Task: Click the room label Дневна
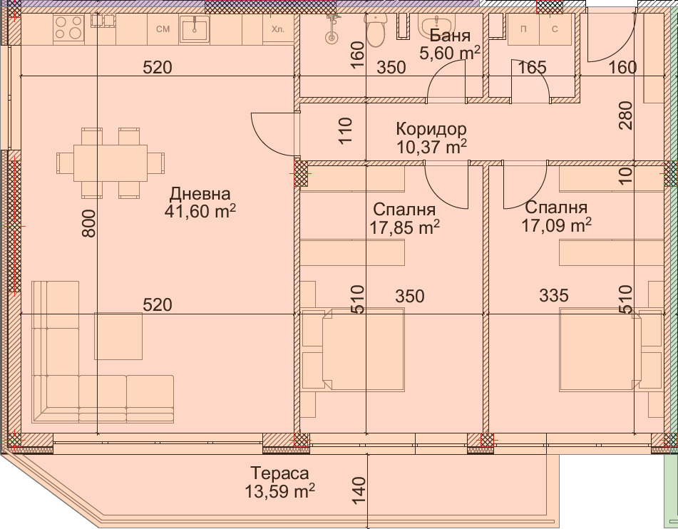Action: coord(200,194)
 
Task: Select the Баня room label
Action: coord(451,36)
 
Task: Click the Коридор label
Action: coord(431,129)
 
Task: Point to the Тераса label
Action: coord(279,473)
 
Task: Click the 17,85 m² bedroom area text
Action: coord(404,227)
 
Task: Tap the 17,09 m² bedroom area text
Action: coord(557,225)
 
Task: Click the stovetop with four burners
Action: coord(68,29)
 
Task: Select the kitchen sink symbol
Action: coord(194,29)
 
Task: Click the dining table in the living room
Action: coord(111,163)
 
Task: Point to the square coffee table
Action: coord(118,335)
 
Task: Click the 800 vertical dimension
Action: coord(88,227)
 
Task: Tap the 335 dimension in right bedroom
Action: coord(554,295)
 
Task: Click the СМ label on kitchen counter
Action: coord(163,29)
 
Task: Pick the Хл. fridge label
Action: coord(278,29)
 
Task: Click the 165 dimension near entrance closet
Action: coord(532,68)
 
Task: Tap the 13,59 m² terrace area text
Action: coord(279,491)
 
